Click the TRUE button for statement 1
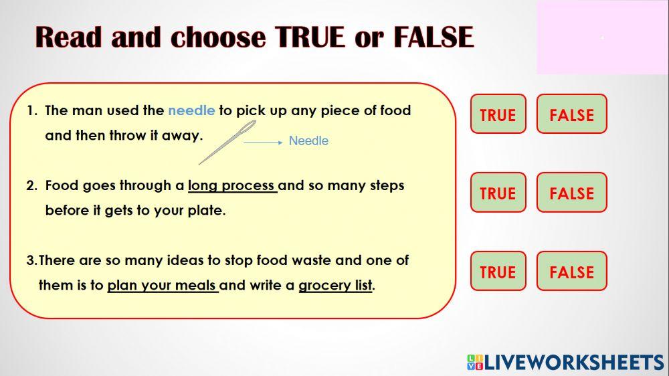click(x=498, y=114)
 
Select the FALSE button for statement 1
click(x=571, y=114)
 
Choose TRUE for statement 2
click(x=498, y=193)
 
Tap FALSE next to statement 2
click(x=571, y=193)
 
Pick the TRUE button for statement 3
click(x=498, y=272)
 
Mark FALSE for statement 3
click(x=571, y=272)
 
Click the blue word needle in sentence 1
click(x=191, y=110)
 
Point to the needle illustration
click(x=227, y=142)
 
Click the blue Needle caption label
click(x=308, y=141)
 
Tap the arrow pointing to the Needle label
click(x=262, y=142)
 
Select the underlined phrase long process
click(x=231, y=185)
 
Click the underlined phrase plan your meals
click(x=162, y=286)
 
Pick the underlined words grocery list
click(x=334, y=286)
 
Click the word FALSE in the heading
click(x=433, y=37)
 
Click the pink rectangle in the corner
click(x=602, y=37)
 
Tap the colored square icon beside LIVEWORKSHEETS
click(x=475, y=363)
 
